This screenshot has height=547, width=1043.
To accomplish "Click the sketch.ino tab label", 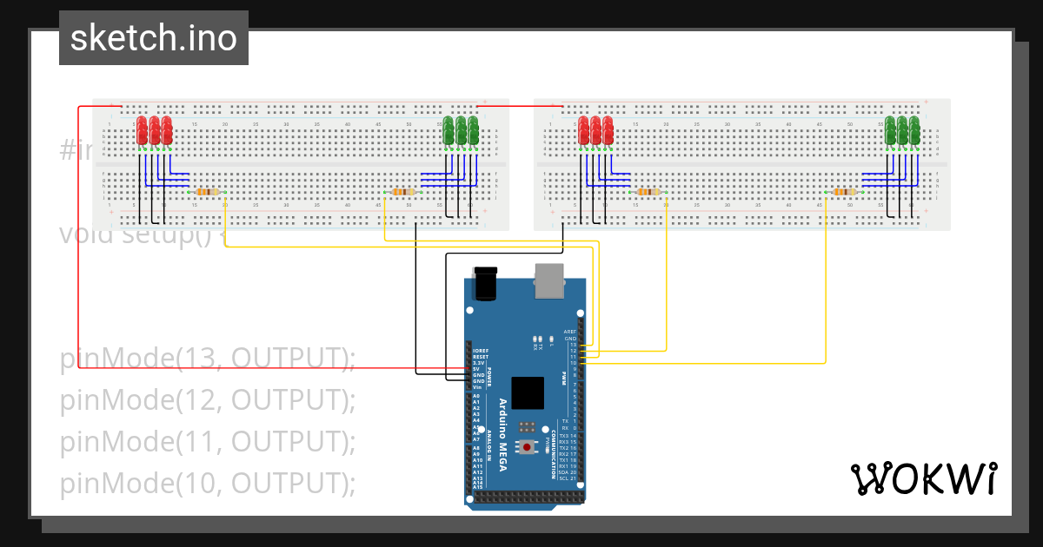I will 154,38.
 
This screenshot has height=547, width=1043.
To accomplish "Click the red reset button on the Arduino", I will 527,446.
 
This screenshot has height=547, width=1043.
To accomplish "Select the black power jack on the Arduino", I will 484,282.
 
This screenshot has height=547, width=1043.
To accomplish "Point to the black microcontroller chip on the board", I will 528,392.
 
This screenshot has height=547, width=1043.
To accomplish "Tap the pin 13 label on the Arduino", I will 574,345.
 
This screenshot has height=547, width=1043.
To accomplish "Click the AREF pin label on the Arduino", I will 570,332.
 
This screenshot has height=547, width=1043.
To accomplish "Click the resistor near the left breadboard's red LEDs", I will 207,192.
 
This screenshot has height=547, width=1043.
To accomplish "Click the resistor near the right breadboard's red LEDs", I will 648,192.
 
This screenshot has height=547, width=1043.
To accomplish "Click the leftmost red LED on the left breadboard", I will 142,130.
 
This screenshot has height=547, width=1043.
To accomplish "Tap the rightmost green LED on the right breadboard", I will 914,130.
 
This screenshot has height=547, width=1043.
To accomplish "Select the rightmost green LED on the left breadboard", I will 473,130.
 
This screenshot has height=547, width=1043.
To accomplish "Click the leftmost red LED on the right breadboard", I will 584,130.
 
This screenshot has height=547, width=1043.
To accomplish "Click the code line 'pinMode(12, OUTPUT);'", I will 209,399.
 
